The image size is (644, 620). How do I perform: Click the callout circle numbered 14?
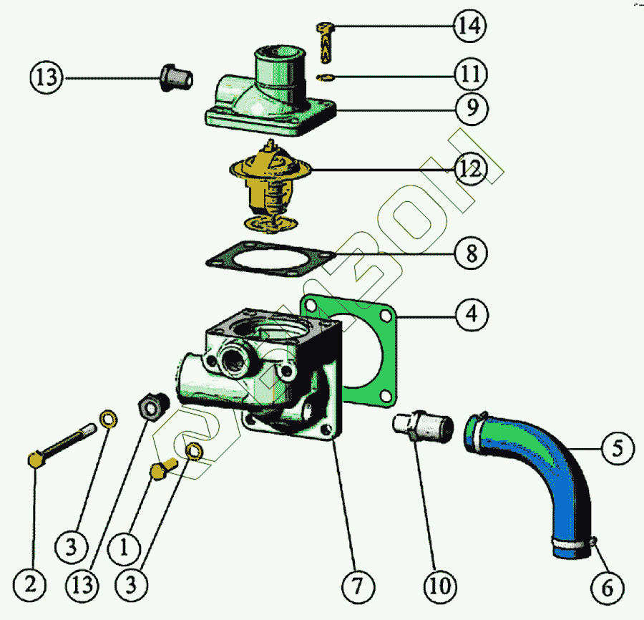[x=470, y=26]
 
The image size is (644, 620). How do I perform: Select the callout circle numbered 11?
[x=471, y=74]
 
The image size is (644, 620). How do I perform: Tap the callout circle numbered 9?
[x=472, y=108]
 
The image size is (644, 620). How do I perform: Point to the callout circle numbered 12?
[x=470, y=168]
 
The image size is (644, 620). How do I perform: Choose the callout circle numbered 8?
[x=472, y=253]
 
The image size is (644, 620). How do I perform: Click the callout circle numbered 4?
[x=472, y=314]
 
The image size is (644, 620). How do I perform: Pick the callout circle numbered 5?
[x=618, y=448]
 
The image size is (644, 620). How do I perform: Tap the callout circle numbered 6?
[x=608, y=588]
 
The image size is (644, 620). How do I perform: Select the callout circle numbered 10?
[x=440, y=587]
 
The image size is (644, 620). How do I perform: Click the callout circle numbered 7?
[x=358, y=587]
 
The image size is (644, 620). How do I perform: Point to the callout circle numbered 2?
[x=29, y=585]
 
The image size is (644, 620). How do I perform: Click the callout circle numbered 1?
[x=124, y=548]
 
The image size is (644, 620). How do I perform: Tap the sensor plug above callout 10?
[x=423, y=427]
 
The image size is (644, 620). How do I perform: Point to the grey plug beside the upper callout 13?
[x=176, y=77]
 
